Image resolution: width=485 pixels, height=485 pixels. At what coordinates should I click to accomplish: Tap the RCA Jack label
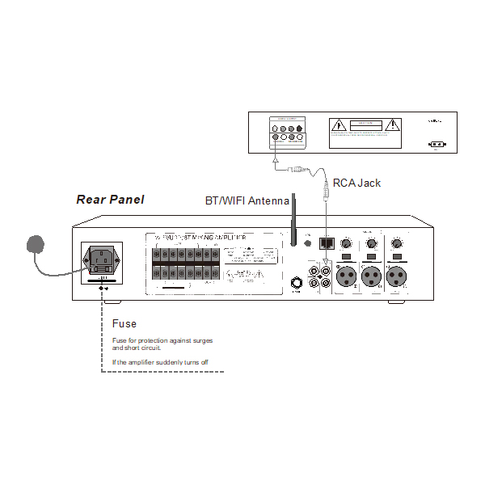point(356,183)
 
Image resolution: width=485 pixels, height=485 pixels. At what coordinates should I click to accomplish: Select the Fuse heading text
point(124,324)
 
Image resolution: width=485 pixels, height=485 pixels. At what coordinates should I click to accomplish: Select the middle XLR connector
point(373,276)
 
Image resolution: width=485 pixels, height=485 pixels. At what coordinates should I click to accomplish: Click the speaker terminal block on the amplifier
point(185,264)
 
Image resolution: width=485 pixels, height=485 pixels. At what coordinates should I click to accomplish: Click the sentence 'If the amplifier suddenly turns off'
point(160,361)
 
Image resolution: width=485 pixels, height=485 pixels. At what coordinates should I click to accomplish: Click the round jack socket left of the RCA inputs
point(297,284)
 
